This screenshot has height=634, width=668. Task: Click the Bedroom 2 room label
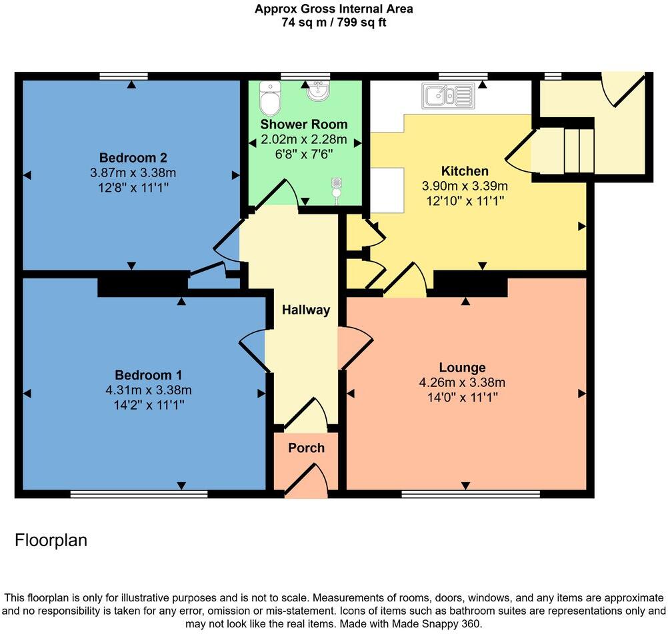coord(133,158)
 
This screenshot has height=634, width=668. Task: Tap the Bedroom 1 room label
coord(148,374)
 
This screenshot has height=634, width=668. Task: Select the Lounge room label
coord(462,368)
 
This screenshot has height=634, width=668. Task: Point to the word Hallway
coord(305,310)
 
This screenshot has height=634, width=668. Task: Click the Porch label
coord(306,448)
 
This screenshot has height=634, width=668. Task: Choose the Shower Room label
coord(304,125)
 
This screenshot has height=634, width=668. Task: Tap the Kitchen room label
coord(465,171)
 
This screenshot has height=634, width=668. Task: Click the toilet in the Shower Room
coord(270,98)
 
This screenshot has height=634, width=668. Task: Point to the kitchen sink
coord(448,97)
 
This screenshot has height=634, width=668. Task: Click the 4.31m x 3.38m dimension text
coord(148,390)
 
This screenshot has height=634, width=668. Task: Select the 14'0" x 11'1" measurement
coord(462,398)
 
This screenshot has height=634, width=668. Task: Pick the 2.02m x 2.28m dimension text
coord(304,139)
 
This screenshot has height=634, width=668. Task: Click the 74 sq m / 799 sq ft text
coord(333,22)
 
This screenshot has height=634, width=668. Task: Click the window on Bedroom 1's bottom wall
coord(139,494)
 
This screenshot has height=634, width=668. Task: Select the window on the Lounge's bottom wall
coord(470,494)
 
